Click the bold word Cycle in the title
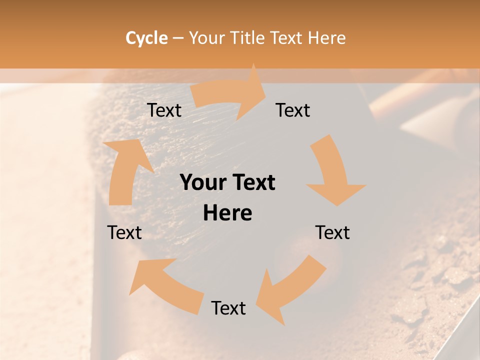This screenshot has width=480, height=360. (x=146, y=38)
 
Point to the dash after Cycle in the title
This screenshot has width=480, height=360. (x=178, y=38)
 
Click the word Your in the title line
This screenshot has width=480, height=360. (x=207, y=38)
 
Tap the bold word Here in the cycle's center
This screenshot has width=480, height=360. (x=227, y=213)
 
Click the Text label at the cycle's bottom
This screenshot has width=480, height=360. (x=228, y=308)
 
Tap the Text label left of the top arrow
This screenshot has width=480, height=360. (x=164, y=110)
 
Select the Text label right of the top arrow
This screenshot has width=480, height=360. (x=293, y=110)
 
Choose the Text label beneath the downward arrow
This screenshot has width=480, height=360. (x=332, y=232)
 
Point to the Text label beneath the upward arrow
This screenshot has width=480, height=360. (x=124, y=232)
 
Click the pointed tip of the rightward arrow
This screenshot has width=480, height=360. (x=265, y=91)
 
